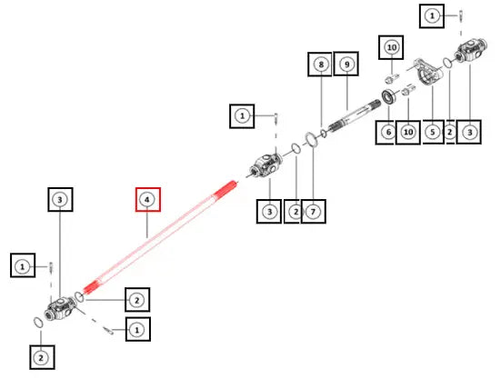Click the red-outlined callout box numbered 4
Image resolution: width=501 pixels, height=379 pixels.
(x=147, y=200)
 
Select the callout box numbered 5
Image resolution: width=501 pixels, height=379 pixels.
(x=433, y=132)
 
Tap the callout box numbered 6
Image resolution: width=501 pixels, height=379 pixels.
(x=388, y=132)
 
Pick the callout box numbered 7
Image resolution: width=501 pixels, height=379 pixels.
(x=313, y=212)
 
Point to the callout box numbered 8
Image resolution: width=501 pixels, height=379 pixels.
(x=320, y=65)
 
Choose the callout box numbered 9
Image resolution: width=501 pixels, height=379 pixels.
(x=346, y=64)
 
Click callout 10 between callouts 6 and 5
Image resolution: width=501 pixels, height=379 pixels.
(x=408, y=132)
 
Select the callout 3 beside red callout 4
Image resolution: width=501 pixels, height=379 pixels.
(x=60, y=200)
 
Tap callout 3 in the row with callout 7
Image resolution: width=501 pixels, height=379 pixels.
(x=269, y=212)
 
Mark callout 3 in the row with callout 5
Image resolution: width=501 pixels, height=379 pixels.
(x=469, y=132)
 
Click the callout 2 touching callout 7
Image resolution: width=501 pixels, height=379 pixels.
(x=293, y=212)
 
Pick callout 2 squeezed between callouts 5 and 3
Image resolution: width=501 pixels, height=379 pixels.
(x=450, y=132)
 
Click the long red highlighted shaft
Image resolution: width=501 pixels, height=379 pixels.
(x=160, y=238)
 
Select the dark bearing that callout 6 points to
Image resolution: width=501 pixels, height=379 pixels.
(x=388, y=97)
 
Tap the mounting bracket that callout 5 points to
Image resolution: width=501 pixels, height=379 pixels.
(x=429, y=72)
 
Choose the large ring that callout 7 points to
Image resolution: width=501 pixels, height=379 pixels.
(x=312, y=140)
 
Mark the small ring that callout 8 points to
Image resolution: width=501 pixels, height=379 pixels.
(x=324, y=134)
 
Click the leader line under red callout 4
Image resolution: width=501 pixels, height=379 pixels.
(x=147, y=224)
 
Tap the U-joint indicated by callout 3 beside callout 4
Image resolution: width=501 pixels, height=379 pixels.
(x=61, y=309)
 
